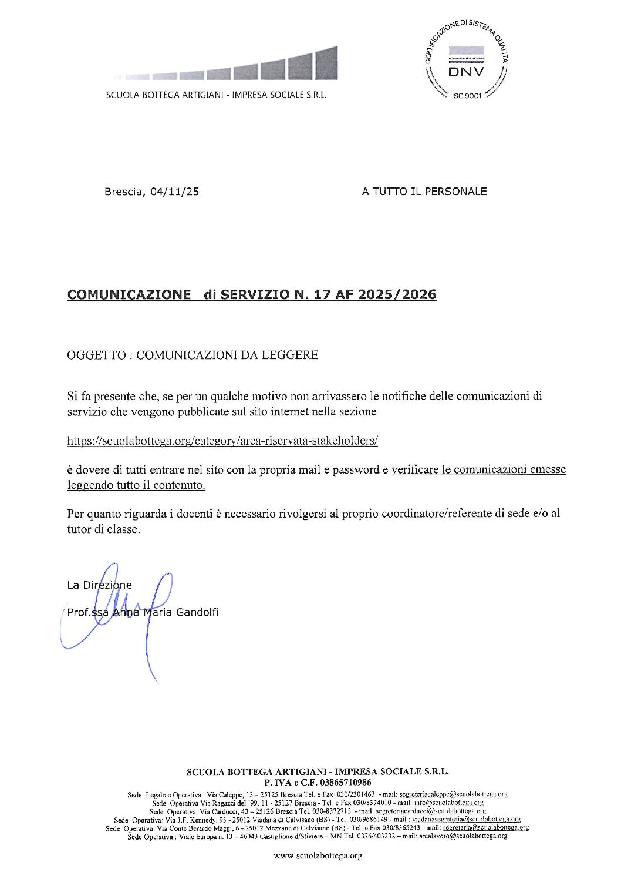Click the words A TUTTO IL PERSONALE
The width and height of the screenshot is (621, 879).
click(x=424, y=192)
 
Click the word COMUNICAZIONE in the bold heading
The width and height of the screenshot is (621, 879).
click(x=129, y=295)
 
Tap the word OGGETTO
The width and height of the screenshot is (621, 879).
click(x=96, y=355)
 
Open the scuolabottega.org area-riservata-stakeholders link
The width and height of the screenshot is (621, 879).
click(x=222, y=441)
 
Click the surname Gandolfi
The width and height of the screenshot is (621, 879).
click(x=197, y=612)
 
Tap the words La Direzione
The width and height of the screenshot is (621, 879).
click(x=100, y=585)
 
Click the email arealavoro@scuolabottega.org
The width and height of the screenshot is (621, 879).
click(x=463, y=836)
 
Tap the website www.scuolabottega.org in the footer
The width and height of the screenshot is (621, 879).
click(x=318, y=856)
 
